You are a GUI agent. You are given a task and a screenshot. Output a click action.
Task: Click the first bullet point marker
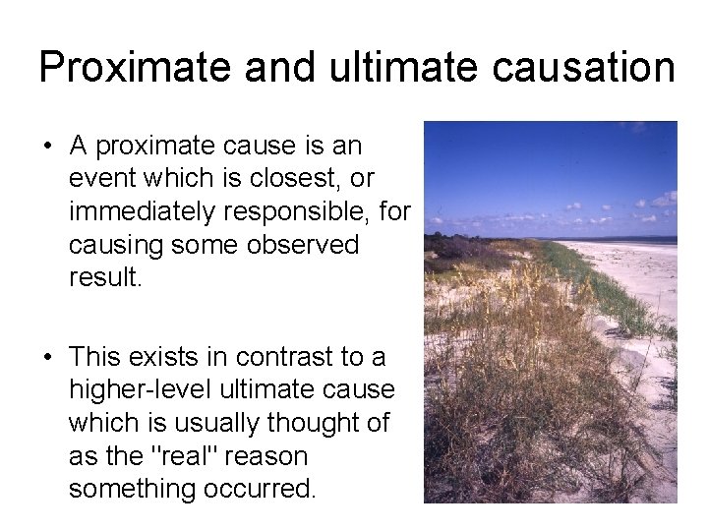point(47,147)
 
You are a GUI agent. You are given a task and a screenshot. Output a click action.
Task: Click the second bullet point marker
point(47,357)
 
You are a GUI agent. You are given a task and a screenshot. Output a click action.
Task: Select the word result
point(105,276)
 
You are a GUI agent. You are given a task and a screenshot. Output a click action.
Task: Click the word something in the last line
point(133,489)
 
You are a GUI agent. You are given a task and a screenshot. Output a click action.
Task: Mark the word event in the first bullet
point(102,178)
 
